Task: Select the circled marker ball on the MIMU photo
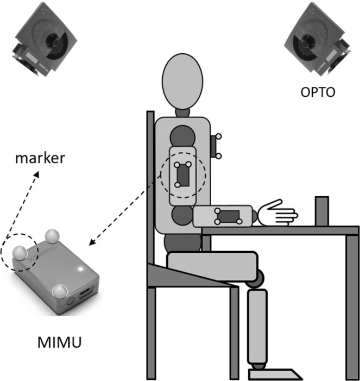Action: coord(19,253)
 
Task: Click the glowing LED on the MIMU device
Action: coord(81,267)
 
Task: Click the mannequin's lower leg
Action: coord(258,326)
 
